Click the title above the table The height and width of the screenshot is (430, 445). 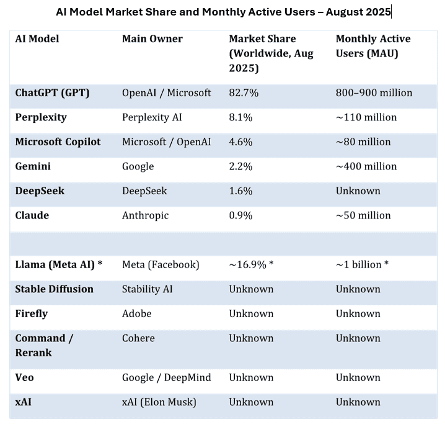(x=223, y=12)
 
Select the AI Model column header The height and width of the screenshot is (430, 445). (x=37, y=39)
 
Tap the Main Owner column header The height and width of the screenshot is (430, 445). (x=152, y=39)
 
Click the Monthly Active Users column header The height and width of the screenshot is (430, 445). (x=373, y=47)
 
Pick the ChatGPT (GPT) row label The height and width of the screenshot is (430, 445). (x=53, y=93)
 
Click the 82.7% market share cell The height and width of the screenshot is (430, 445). (x=244, y=93)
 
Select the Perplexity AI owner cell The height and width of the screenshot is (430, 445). (x=152, y=117)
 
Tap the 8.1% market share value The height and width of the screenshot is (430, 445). (x=240, y=117)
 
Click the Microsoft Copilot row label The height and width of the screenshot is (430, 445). (x=58, y=142)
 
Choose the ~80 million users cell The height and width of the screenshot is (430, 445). (x=363, y=142)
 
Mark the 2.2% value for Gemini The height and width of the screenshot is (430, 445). (x=240, y=166)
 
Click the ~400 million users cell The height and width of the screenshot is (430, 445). (x=366, y=166)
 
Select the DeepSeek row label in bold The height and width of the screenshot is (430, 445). (x=40, y=191)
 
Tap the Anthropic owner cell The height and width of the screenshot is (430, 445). (x=145, y=215)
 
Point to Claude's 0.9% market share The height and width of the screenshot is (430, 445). (x=240, y=215)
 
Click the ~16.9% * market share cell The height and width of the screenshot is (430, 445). (x=251, y=265)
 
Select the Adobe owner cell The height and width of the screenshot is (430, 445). (x=136, y=314)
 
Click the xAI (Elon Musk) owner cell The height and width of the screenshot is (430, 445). (x=159, y=402)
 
